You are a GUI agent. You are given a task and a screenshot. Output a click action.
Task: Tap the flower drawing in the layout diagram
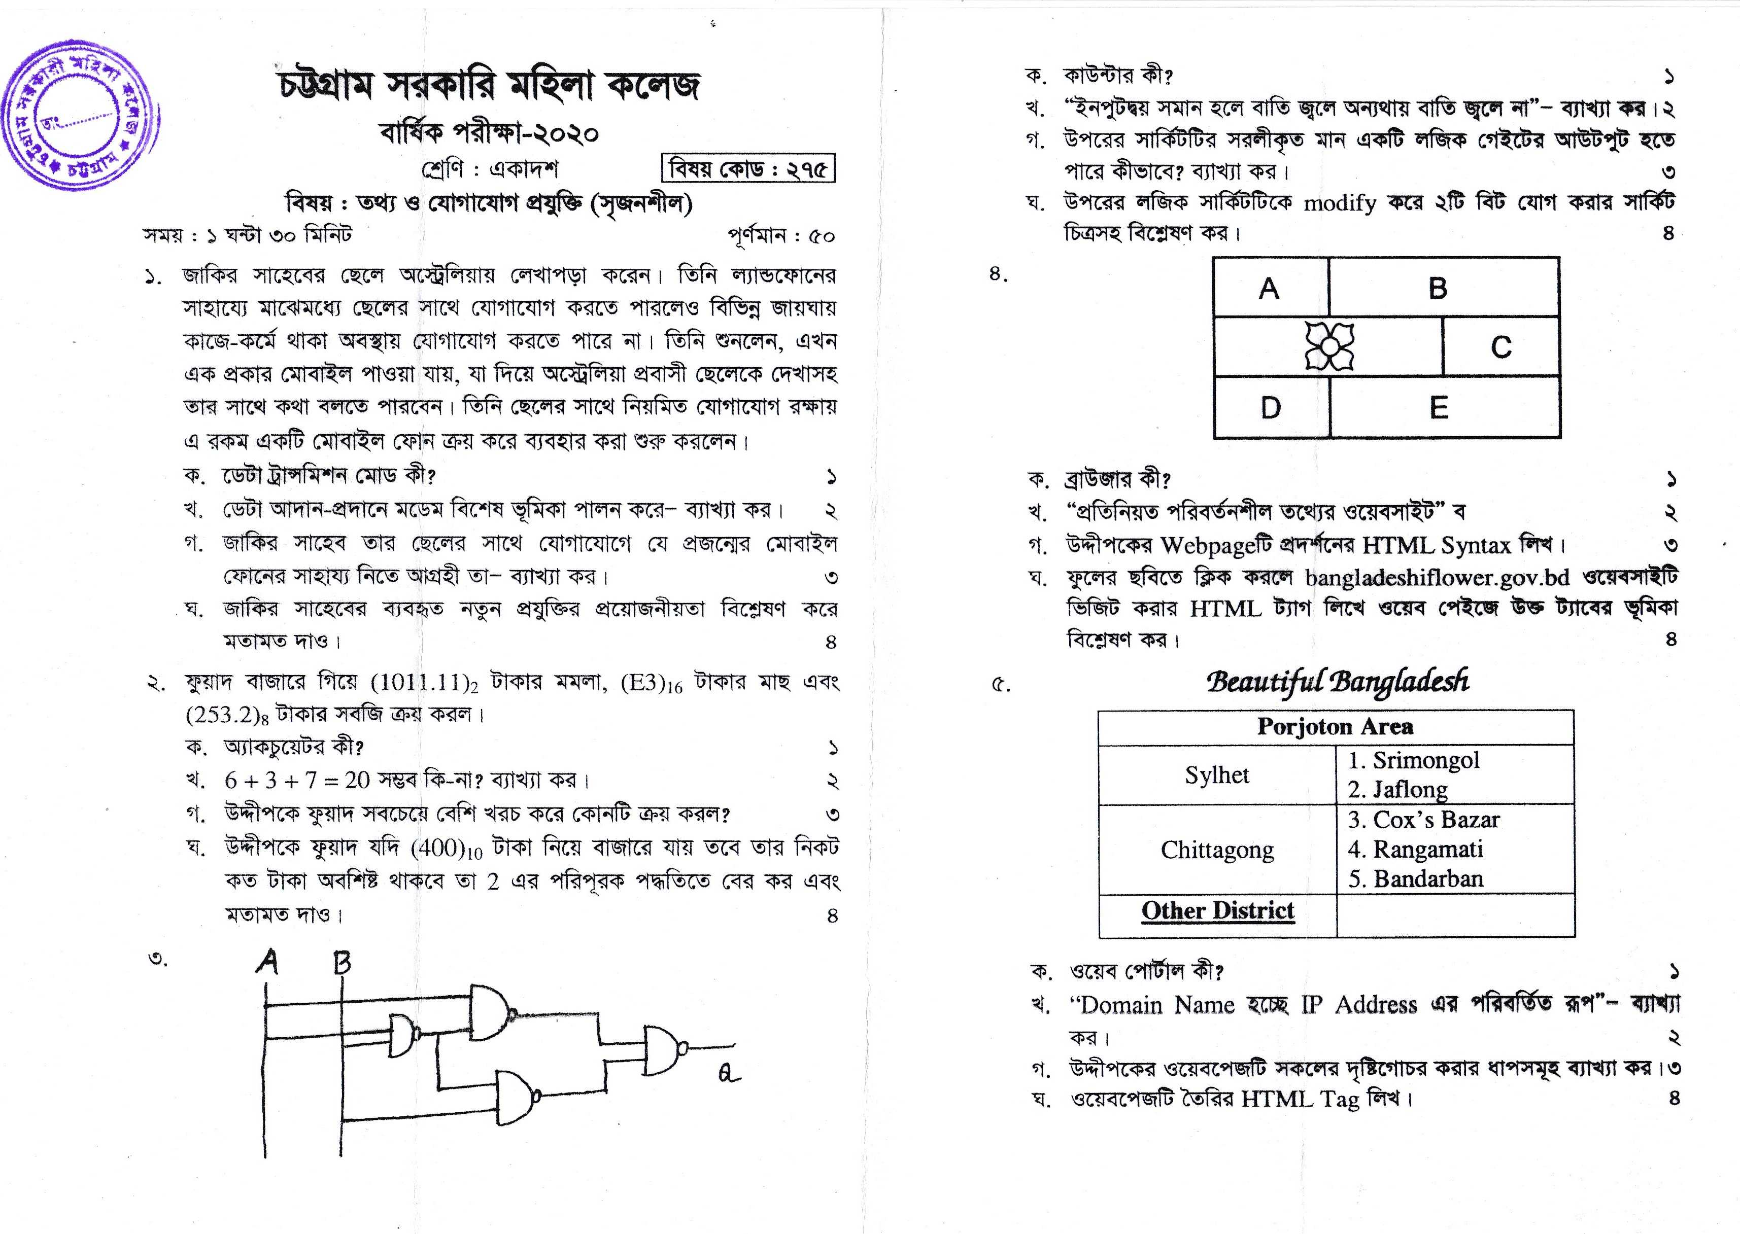[1329, 346]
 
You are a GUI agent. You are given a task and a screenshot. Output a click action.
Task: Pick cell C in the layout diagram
[1500, 347]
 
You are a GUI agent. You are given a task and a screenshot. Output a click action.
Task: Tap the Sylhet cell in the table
[1216, 775]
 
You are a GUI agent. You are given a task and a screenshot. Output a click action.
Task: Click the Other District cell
[1217, 910]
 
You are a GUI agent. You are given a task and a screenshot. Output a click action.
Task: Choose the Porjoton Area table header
[1335, 726]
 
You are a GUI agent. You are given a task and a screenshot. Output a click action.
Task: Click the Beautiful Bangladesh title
[1337, 681]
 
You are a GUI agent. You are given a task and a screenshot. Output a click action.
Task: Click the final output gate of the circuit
[664, 1049]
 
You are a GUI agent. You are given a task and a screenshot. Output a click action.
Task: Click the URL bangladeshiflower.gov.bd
[1437, 578]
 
